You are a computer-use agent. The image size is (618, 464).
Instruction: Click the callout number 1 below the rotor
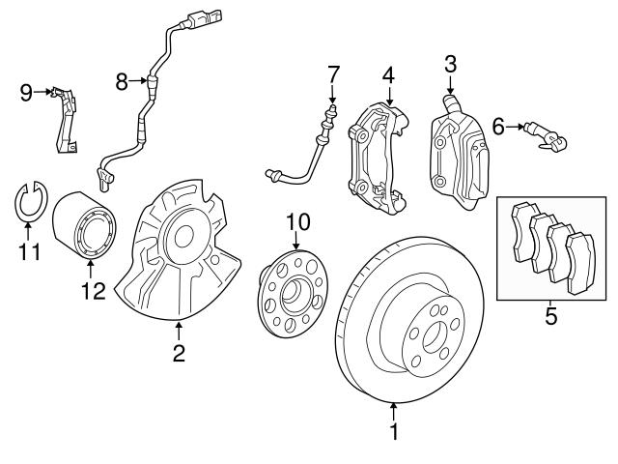click(x=394, y=431)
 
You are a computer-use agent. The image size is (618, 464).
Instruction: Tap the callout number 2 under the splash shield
click(x=179, y=354)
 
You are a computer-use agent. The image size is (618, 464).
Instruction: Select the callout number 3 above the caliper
click(x=450, y=65)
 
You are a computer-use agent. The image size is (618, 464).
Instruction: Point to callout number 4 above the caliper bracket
click(x=388, y=73)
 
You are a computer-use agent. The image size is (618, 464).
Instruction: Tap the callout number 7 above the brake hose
click(x=332, y=74)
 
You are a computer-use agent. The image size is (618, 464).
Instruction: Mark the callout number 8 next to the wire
click(x=122, y=82)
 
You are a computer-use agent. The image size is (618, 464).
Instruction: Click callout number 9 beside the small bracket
click(x=26, y=92)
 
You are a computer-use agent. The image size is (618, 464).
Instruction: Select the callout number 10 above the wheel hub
click(x=297, y=223)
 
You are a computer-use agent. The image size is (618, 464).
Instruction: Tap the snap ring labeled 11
click(x=28, y=201)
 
